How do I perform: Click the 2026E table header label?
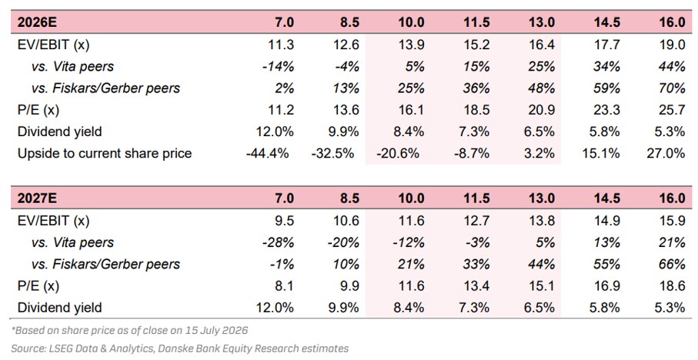pos(37,22)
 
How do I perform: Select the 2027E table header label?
pos(37,198)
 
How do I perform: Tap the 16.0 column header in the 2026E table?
pos(672,22)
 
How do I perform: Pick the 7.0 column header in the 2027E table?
pos(284,198)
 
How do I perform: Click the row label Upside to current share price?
pos(105,154)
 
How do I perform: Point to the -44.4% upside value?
pos(268,154)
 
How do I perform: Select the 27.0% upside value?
pos(666,154)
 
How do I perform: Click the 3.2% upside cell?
pos(540,154)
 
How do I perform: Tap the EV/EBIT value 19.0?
pos(672,45)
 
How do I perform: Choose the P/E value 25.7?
pos(672,110)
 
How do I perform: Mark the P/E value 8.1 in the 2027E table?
pos(284,285)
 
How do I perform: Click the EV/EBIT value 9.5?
pos(284,221)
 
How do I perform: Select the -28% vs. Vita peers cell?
pos(279,242)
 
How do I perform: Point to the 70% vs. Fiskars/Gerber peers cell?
pos(672,88)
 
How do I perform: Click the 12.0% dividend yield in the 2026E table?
pos(275,132)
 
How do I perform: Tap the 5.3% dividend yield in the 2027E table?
pos(670,308)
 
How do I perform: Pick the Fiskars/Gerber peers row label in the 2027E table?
pos(105,265)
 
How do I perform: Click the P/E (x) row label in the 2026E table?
pos(38,110)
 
